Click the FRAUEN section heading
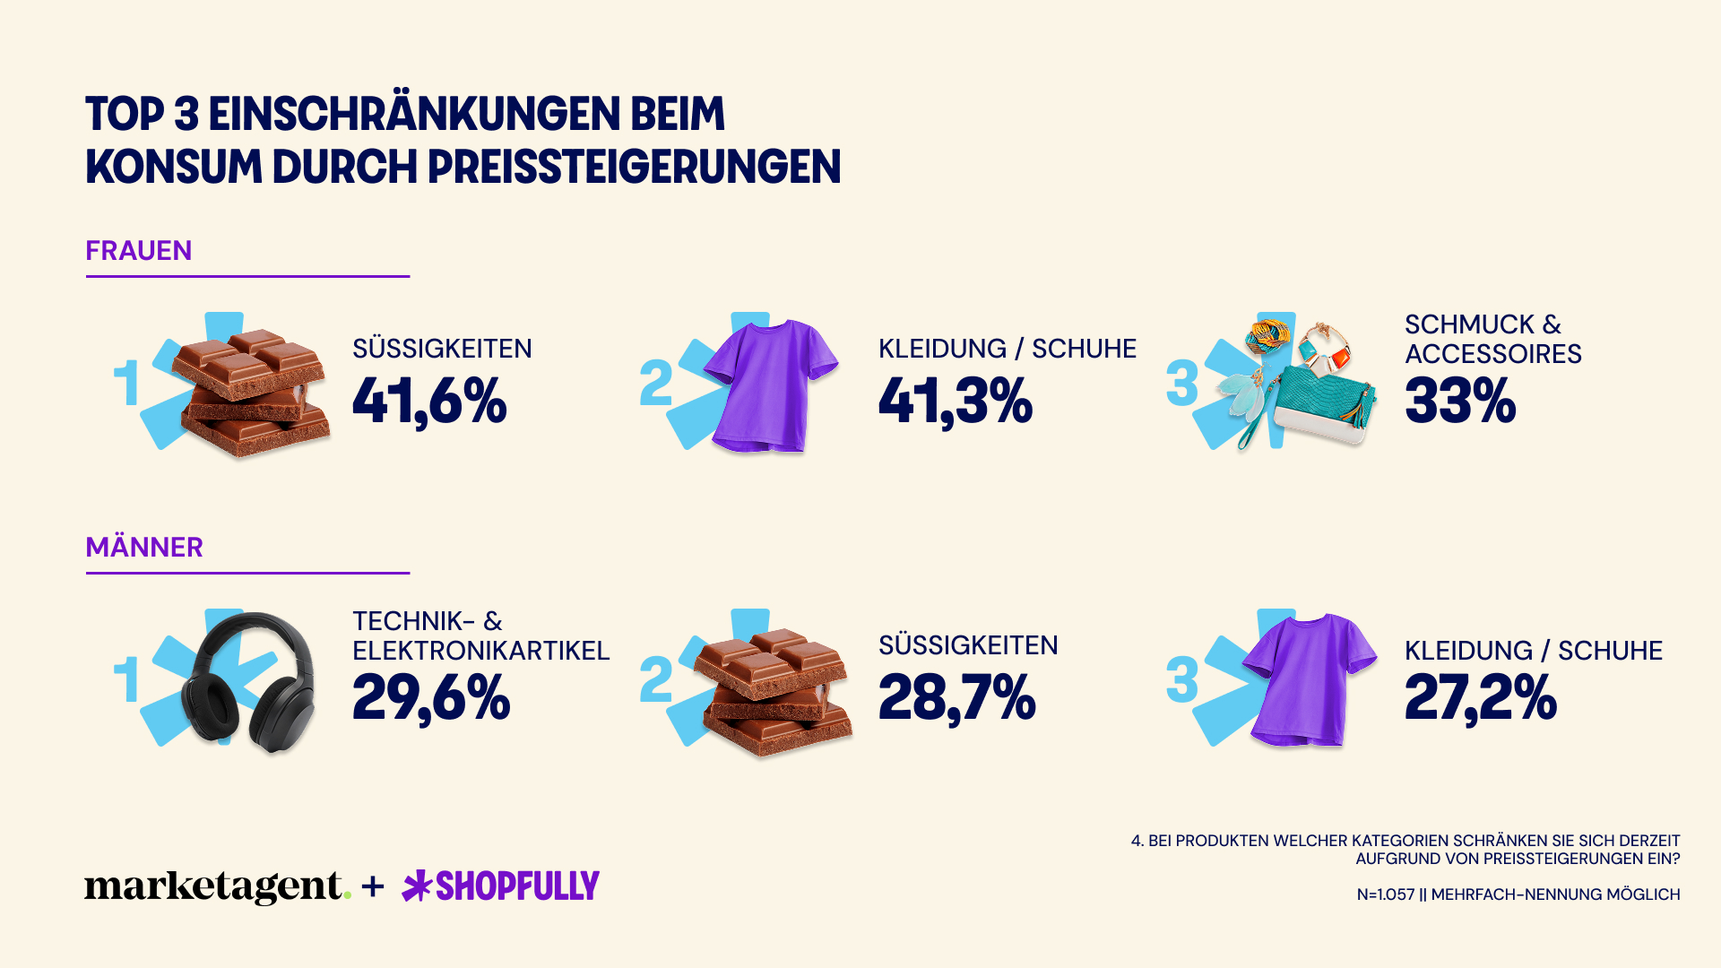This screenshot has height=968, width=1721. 138,251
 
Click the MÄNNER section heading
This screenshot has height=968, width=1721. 143,548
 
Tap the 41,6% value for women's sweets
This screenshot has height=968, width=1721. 429,401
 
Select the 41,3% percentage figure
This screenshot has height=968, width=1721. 956,401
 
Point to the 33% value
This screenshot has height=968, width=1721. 1460,401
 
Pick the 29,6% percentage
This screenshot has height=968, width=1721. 431,697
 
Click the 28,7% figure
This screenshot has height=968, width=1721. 957,697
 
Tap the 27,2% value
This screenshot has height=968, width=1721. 1481,697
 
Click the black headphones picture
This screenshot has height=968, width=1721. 248,681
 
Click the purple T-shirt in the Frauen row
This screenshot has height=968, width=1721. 771,385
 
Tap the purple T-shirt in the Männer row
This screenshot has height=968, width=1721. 1309,679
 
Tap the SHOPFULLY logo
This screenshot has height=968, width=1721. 501,886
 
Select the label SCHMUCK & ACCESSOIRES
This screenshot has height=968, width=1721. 1492,339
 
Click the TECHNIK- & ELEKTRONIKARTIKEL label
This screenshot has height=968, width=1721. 480,635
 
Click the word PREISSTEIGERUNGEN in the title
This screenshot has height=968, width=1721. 634,168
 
